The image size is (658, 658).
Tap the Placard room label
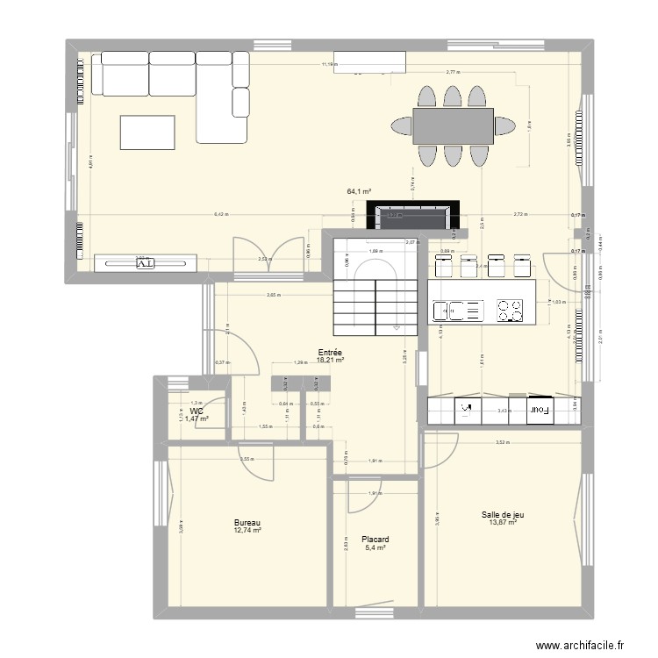pos(375,540)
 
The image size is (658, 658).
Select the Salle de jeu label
pos(503,515)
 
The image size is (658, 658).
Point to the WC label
pos(196,411)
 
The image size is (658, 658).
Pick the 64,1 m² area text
pos(360,190)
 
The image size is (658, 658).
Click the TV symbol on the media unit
pos(145,262)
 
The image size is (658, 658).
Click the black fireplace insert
pos(412,214)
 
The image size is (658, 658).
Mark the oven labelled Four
pos(539,408)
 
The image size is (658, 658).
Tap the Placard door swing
pos(362,496)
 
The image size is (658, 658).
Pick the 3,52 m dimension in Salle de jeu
pos(501,441)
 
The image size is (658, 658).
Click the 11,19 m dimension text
pos(329,64)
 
